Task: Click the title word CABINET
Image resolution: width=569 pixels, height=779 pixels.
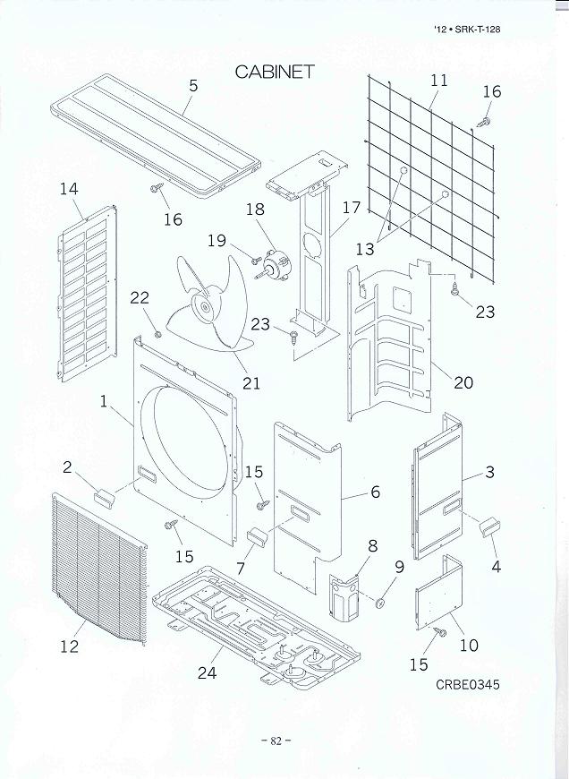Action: [275, 73]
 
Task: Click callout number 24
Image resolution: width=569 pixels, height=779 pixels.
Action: [207, 673]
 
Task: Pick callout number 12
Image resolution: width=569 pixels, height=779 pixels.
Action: [70, 646]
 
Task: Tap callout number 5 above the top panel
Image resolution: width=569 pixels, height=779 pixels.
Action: [193, 86]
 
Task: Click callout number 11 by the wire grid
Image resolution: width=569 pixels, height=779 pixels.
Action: [438, 81]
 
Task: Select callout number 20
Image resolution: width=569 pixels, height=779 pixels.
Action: [463, 382]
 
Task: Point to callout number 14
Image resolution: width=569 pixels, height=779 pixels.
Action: [69, 189]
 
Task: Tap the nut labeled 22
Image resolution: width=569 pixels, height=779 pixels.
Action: [157, 335]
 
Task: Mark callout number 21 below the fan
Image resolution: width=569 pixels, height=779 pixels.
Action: [251, 383]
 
